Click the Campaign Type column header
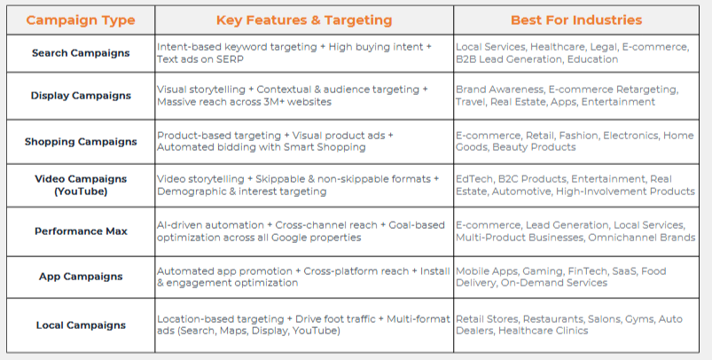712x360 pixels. [81, 20]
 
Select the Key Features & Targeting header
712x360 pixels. [304, 20]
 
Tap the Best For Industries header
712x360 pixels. [576, 20]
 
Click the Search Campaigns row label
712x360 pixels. [81, 53]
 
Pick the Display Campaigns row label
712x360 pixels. [81, 96]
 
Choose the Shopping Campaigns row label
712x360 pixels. [81, 142]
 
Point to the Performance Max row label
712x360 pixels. [81, 231]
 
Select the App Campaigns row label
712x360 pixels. [81, 277]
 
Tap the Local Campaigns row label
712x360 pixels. [81, 325]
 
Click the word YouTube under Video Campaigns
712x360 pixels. [81, 192]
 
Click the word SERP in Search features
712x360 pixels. [231, 59]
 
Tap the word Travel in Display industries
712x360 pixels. [471, 102]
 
